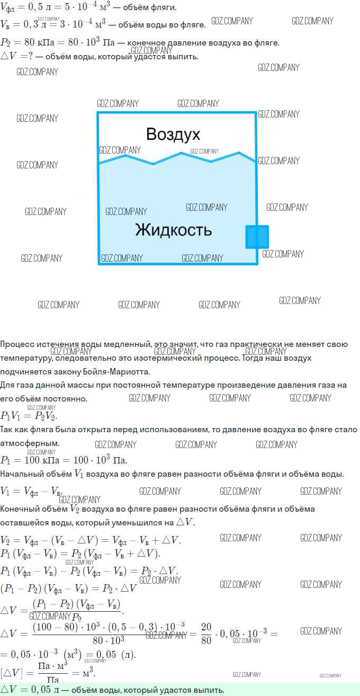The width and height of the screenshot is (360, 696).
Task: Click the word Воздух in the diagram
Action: click(173, 135)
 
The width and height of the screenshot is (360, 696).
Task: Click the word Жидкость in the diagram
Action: click(173, 230)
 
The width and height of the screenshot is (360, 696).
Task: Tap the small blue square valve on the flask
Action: click(257, 237)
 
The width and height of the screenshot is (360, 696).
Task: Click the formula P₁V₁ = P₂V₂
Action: click(29, 416)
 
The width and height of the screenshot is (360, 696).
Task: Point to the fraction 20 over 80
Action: click(206, 633)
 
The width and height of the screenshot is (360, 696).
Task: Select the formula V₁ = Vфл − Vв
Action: click(31, 491)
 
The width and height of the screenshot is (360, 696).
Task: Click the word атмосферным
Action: click(30, 443)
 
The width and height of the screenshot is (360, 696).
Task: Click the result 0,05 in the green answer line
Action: click(41, 690)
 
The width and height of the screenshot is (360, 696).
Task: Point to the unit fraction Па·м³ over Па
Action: click(52, 674)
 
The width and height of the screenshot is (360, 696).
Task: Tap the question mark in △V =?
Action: click(30, 56)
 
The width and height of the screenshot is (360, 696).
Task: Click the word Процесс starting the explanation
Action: click(17, 344)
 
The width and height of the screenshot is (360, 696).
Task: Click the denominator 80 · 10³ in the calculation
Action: click(109, 641)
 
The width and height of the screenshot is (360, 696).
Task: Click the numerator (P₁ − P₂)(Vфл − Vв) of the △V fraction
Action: click(76, 604)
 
